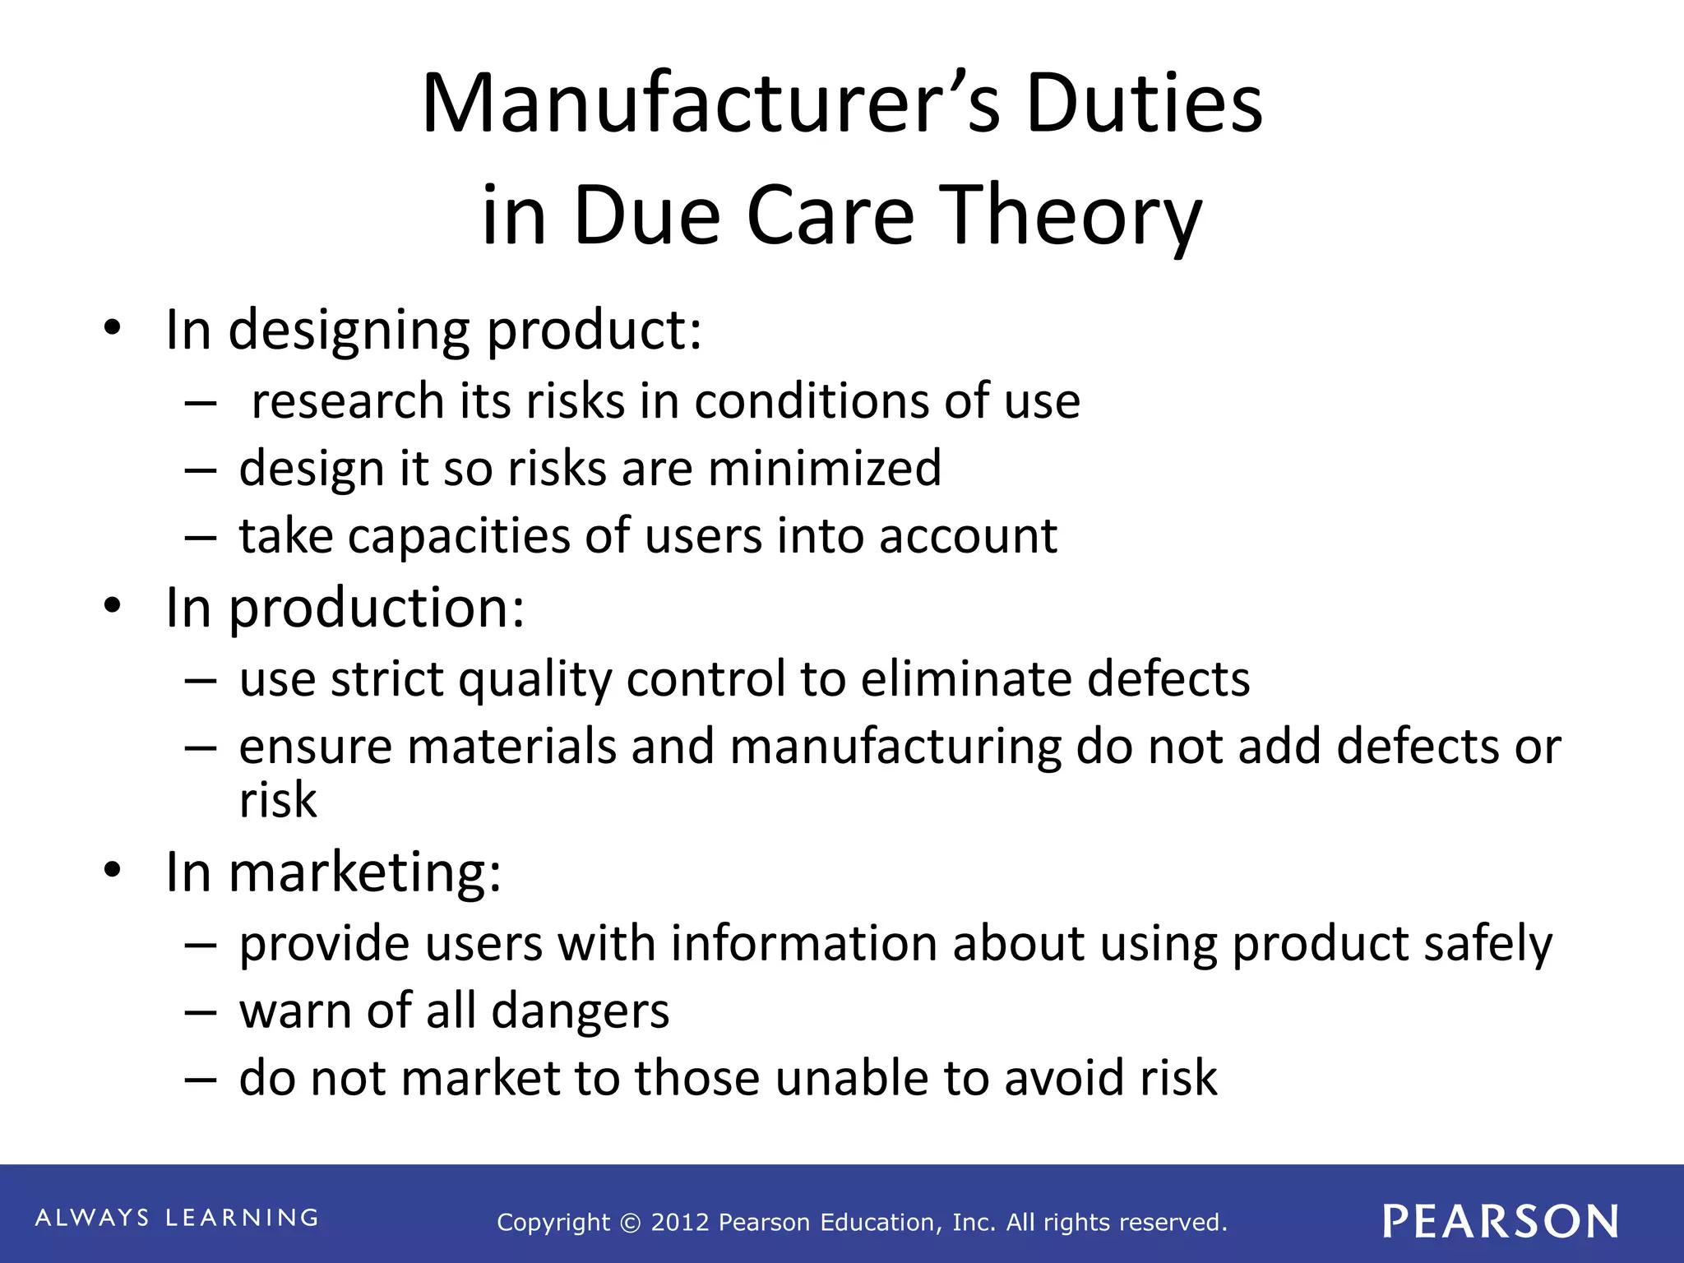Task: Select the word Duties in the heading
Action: coord(1144,104)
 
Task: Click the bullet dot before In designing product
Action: coord(113,329)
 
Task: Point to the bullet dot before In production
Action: coord(113,607)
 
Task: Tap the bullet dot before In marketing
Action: coord(113,870)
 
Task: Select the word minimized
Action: coord(824,469)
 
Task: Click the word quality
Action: coord(534,680)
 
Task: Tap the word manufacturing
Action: coord(895,747)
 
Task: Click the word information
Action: coord(803,943)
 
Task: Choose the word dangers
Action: coord(581,1011)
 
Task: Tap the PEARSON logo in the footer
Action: coord(1501,1221)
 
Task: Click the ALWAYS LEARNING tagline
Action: coord(177,1218)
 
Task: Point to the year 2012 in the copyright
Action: coord(679,1223)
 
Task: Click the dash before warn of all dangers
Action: coord(201,1012)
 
